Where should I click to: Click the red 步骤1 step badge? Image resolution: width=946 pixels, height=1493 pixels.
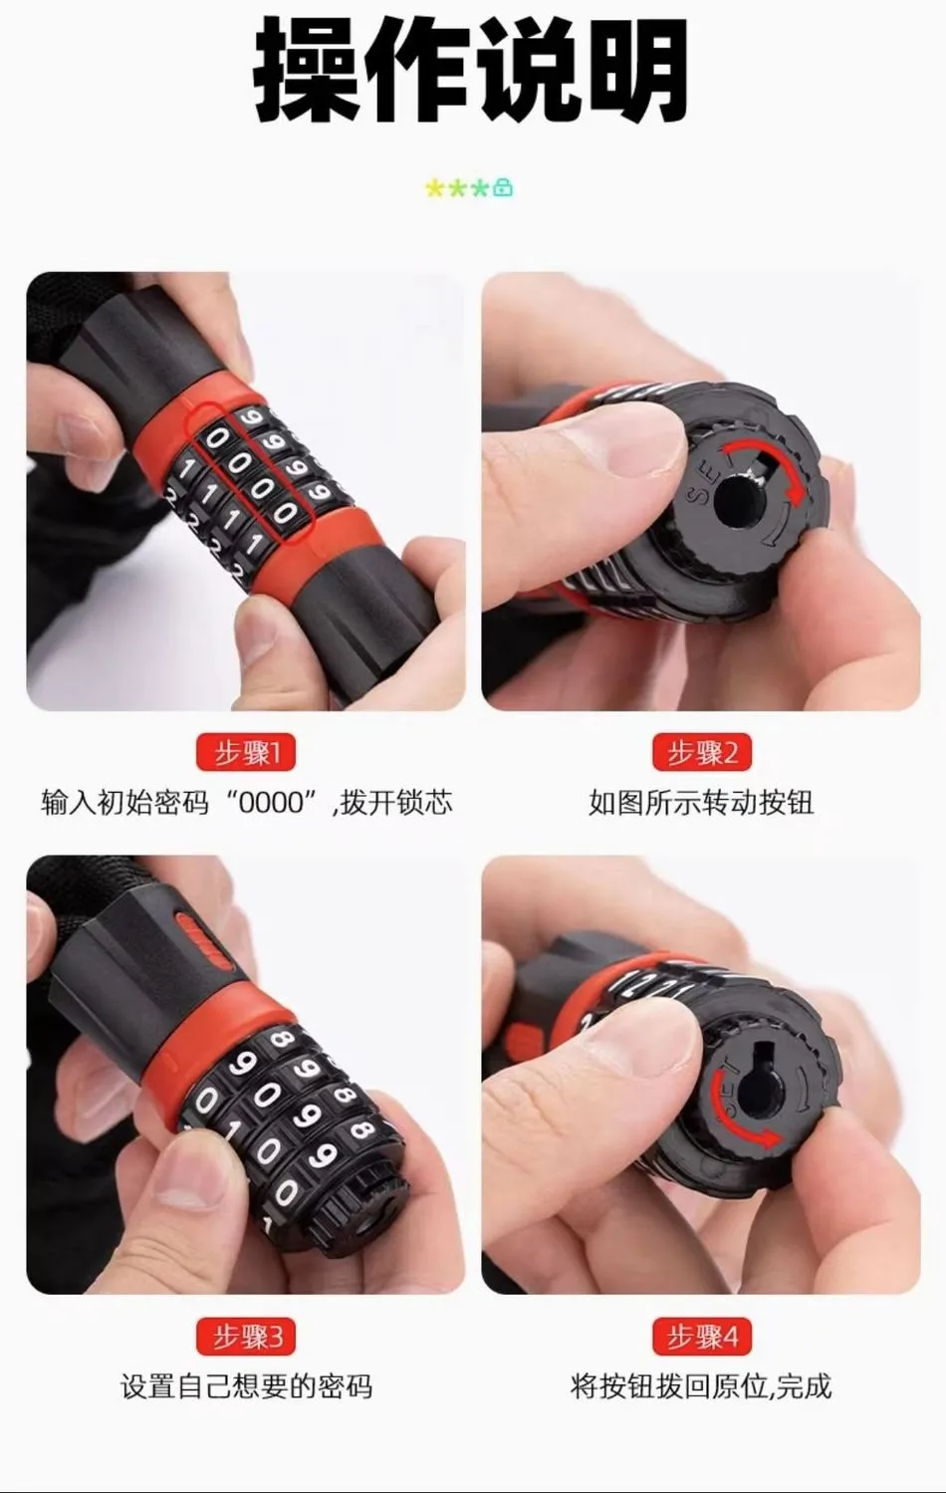tap(246, 753)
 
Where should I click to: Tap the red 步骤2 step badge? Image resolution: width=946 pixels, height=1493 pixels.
tap(701, 753)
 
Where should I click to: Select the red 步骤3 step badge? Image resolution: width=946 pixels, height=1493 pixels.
tap(246, 1337)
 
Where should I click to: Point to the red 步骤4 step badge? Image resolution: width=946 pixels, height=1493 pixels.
tap(701, 1337)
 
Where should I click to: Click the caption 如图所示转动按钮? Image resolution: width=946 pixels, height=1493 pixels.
tap(701, 803)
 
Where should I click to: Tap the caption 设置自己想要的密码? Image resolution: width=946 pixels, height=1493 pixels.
tap(246, 1387)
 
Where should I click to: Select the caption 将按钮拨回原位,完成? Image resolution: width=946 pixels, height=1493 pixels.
tap(701, 1387)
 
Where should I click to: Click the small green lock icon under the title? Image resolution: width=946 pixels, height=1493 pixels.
tap(503, 188)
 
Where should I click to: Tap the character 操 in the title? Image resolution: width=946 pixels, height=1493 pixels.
tap(310, 69)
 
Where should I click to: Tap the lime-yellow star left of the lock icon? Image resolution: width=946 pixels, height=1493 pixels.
tap(435, 188)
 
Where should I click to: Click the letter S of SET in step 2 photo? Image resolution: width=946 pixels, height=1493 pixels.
tap(697, 497)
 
